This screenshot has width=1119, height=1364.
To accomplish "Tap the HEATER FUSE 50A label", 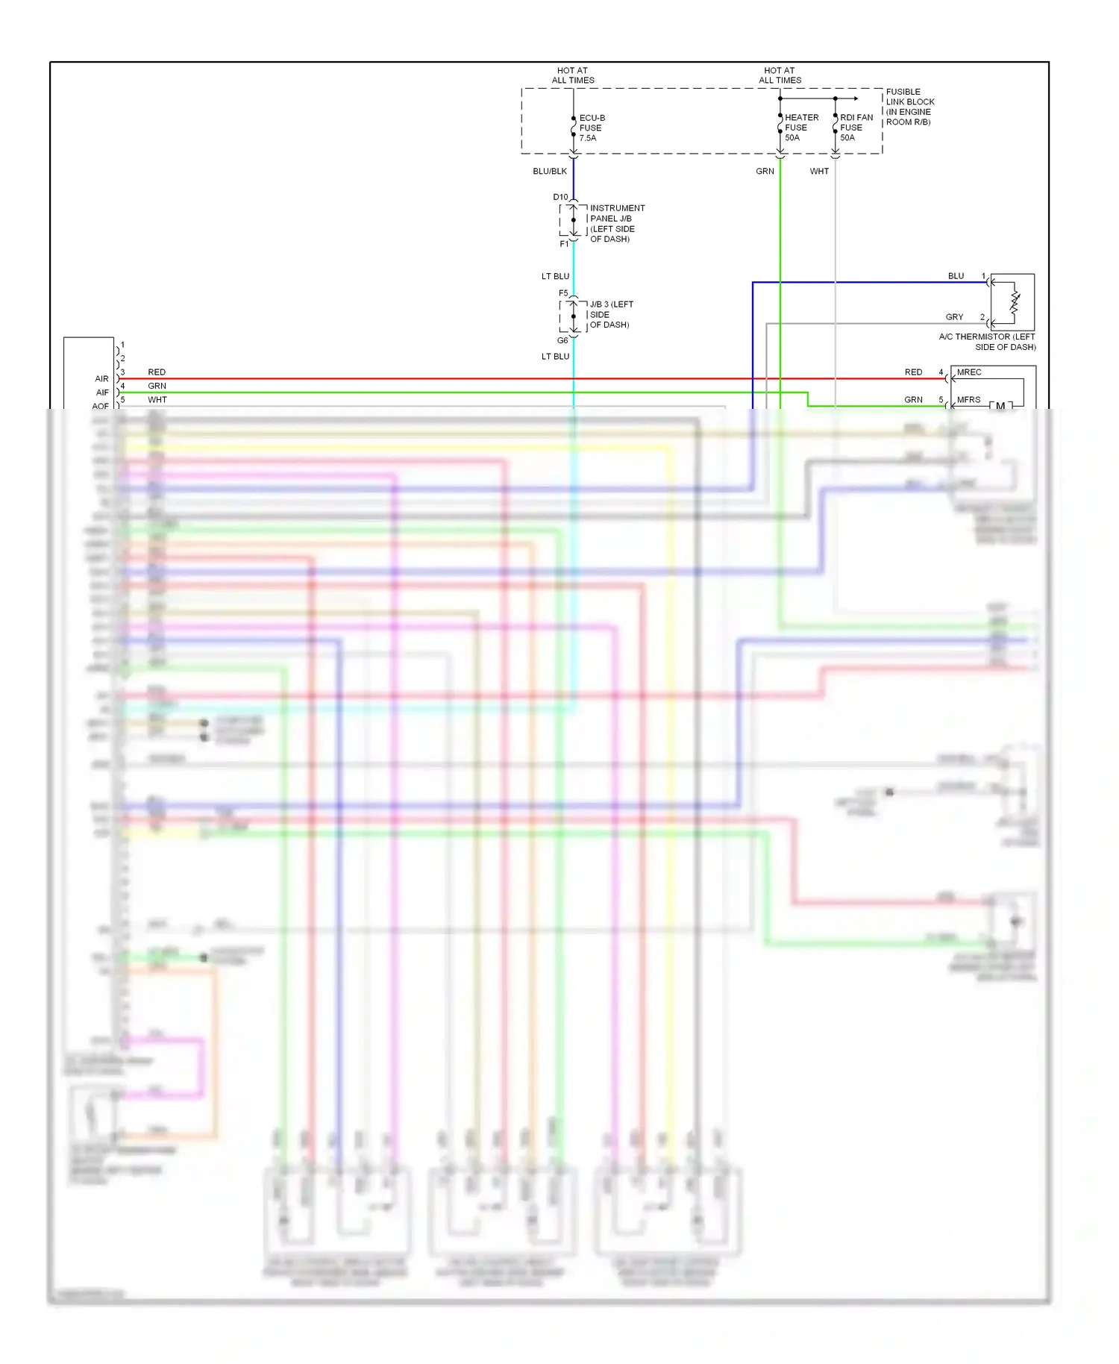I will point(800,128).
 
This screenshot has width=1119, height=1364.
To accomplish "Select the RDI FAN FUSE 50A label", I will point(856,128).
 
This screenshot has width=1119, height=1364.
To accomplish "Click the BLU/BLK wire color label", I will point(550,172).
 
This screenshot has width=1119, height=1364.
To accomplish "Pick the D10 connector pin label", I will point(560,197).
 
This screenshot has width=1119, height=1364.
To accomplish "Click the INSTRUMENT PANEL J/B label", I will point(616,223).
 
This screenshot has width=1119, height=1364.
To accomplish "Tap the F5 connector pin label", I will point(563,293).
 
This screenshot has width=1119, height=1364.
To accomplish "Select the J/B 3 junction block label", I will point(610,314).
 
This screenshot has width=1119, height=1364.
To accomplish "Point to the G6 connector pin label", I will point(562,340).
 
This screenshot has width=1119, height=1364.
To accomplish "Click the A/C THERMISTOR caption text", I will point(987,342).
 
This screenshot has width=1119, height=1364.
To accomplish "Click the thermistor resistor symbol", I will point(1015,302).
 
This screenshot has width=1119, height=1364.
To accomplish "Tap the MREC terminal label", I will point(969,372).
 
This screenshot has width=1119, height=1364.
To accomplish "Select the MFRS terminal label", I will point(968,400).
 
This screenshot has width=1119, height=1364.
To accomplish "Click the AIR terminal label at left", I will point(101,379).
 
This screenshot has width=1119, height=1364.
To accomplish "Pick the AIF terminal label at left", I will point(102,392).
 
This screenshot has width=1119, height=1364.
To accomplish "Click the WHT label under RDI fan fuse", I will point(819,172).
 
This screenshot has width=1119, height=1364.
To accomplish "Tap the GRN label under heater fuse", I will point(765,172).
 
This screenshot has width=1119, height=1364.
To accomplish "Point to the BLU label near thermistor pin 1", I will point(956,276).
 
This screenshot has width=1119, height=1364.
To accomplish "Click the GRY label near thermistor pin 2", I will point(954,317).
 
